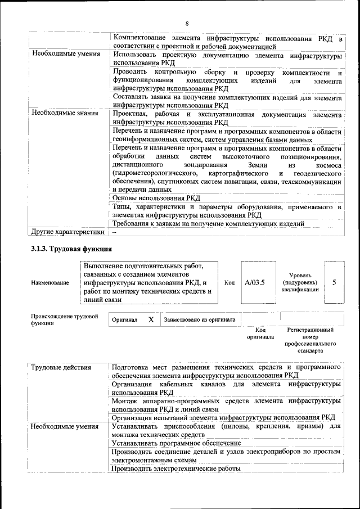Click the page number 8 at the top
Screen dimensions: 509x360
[186, 23]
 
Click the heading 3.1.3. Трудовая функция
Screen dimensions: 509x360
[71, 249]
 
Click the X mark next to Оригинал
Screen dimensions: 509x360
[150, 319]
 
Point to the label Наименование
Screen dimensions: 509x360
[51, 282]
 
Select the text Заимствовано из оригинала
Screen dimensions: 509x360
[200, 320]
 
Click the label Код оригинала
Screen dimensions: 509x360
[260, 334]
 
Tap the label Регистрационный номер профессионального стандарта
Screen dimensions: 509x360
[310, 340]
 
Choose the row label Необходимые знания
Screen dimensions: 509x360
[66, 114]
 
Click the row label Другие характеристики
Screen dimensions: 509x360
[68, 232]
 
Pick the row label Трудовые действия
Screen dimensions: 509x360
[61, 368]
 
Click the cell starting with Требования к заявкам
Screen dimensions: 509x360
[209, 223]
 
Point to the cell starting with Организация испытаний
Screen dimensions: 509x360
[223, 417]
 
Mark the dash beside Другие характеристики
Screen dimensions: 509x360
[114, 232]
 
